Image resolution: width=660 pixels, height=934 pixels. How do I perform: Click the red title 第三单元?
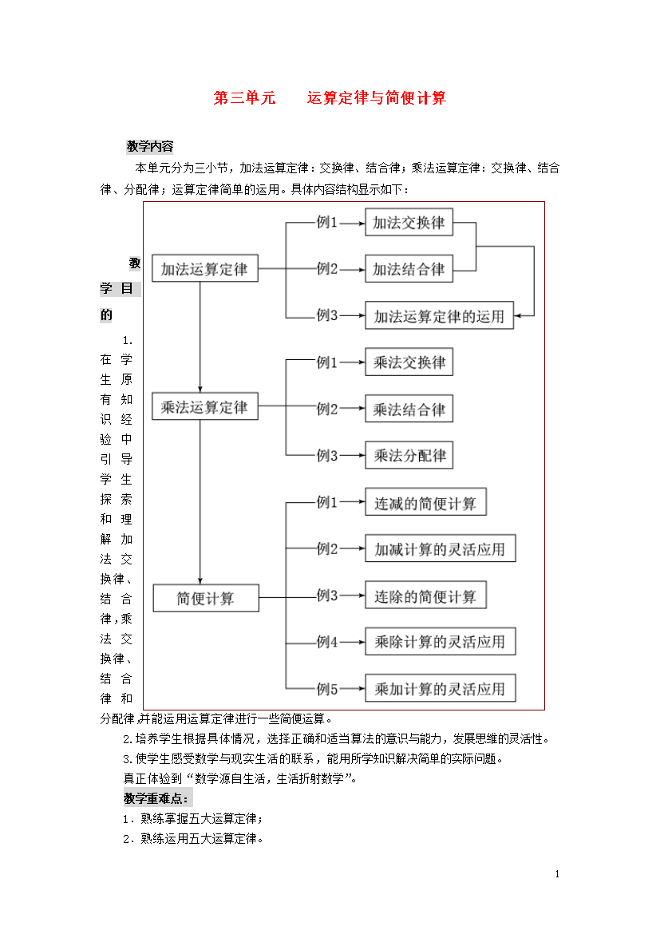click(x=244, y=97)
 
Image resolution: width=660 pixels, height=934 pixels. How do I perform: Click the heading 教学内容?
click(x=149, y=147)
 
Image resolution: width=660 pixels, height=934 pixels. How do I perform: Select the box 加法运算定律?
click(x=205, y=269)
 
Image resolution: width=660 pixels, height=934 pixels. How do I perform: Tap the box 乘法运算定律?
click(x=205, y=407)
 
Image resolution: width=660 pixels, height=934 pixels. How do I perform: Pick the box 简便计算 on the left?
click(x=206, y=598)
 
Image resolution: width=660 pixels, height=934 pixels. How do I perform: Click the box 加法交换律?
click(x=409, y=222)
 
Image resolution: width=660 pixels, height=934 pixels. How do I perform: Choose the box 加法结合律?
click(x=409, y=269)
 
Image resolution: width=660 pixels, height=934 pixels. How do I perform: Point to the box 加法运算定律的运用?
click(x=440, y=315)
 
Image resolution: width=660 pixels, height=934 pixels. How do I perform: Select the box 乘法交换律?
click(x=409, y=362)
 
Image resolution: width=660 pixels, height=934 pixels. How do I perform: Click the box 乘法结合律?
click(x=409, y=409)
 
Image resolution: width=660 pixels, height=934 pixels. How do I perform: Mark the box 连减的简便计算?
click(x=426, y=502)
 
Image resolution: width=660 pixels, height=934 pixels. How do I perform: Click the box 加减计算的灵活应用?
click(x=441, y=548)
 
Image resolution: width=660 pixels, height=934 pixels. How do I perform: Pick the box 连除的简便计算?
click(x=426, y=595)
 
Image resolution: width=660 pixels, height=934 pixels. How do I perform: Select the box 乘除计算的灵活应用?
click(x=441, y=642)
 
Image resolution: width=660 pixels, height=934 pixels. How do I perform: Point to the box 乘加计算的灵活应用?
click(x=441, y=688)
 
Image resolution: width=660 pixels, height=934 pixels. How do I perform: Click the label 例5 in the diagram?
click(x=327, y=689)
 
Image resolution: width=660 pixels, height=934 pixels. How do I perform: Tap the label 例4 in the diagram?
click(x=327, y=642)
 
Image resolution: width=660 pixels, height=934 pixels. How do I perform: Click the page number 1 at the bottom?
click(x=558, y=874)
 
